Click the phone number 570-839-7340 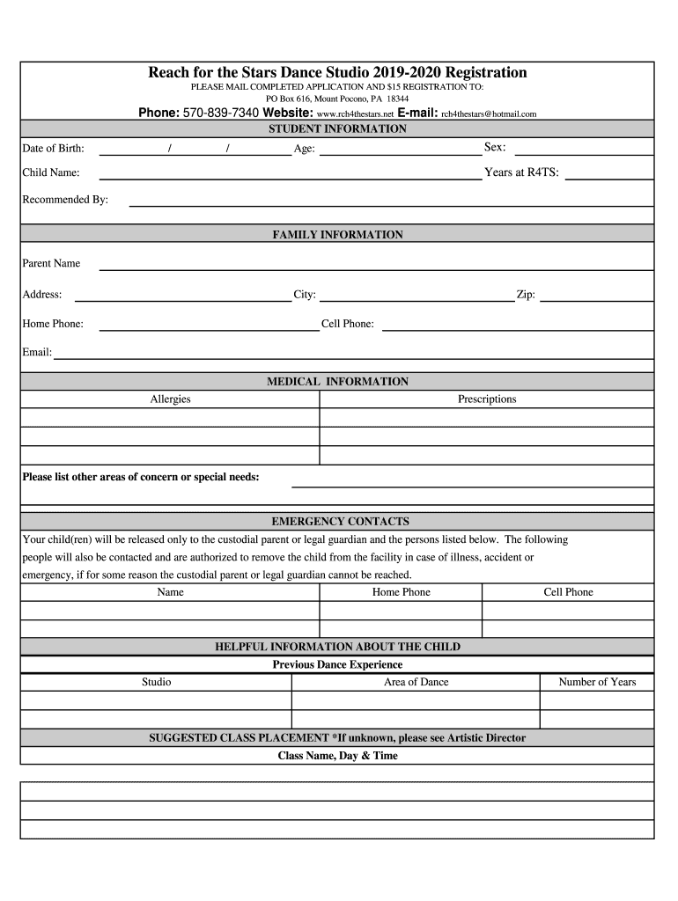coord(220,114)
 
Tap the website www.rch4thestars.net coord(355,114)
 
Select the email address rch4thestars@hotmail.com coord(489,114)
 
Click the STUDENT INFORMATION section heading coord(337,129)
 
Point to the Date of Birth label coord(53,149)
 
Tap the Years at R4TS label coord(521,172)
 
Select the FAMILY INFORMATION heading coord(337,235)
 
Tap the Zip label coord(526,296)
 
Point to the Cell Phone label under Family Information coord(348,324)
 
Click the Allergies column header coord(170,399)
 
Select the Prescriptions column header coord(487,399)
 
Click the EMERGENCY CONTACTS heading coord(340,522)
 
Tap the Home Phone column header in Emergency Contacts coord(402,592)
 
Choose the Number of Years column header coord(597,682)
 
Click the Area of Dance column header coord(416,682)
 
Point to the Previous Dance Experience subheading coord(337,664)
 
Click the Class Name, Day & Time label coord(337,756)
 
